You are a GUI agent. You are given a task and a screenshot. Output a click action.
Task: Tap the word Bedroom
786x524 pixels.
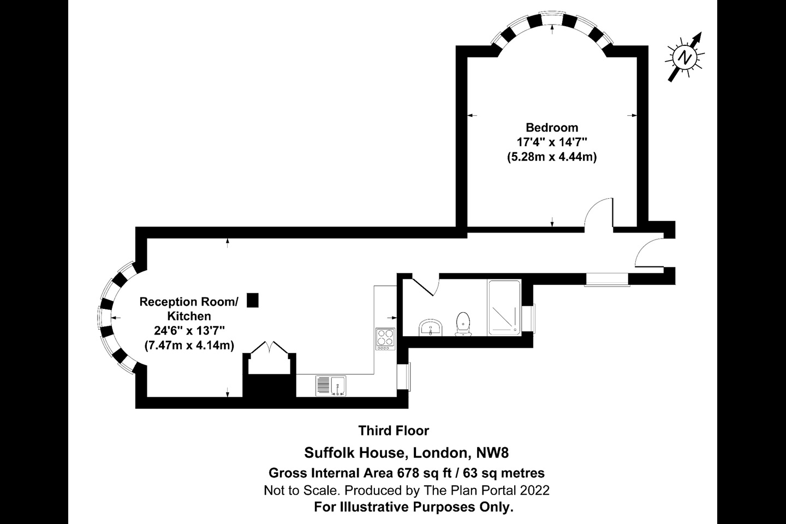[552, 128]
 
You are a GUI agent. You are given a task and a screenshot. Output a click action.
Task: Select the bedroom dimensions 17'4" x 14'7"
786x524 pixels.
[552, 142]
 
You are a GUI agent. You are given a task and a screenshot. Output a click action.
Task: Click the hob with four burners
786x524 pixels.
[385, 337]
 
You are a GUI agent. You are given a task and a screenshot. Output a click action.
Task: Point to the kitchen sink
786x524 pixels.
[331, 385]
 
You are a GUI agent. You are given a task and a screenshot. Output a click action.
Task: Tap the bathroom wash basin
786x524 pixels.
[431, 329]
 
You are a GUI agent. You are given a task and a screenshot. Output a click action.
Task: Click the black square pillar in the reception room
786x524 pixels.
[252, 300]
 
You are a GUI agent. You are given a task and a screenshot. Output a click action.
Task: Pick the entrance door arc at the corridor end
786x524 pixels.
[647, 252]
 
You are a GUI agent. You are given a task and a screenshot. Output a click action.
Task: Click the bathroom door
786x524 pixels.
[426, 286]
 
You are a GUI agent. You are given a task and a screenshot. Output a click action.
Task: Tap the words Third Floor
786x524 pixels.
[394, 431]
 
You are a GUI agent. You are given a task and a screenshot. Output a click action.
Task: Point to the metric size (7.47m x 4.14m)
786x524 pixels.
[189, 345]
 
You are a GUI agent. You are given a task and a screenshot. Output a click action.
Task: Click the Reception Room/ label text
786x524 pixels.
[189, 302]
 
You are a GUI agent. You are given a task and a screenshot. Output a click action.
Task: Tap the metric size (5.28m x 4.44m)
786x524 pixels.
[552, 157]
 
